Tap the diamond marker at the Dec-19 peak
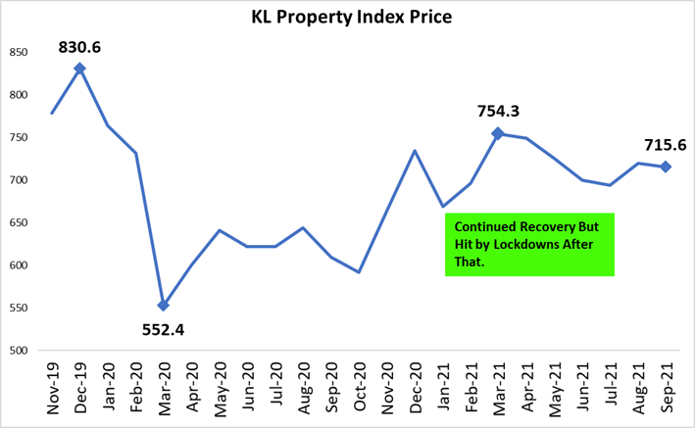[79, 69]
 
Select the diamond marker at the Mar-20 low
[163, 306]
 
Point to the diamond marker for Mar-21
[497, 133]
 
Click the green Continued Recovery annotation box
[529, 244]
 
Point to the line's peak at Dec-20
[414, 151]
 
